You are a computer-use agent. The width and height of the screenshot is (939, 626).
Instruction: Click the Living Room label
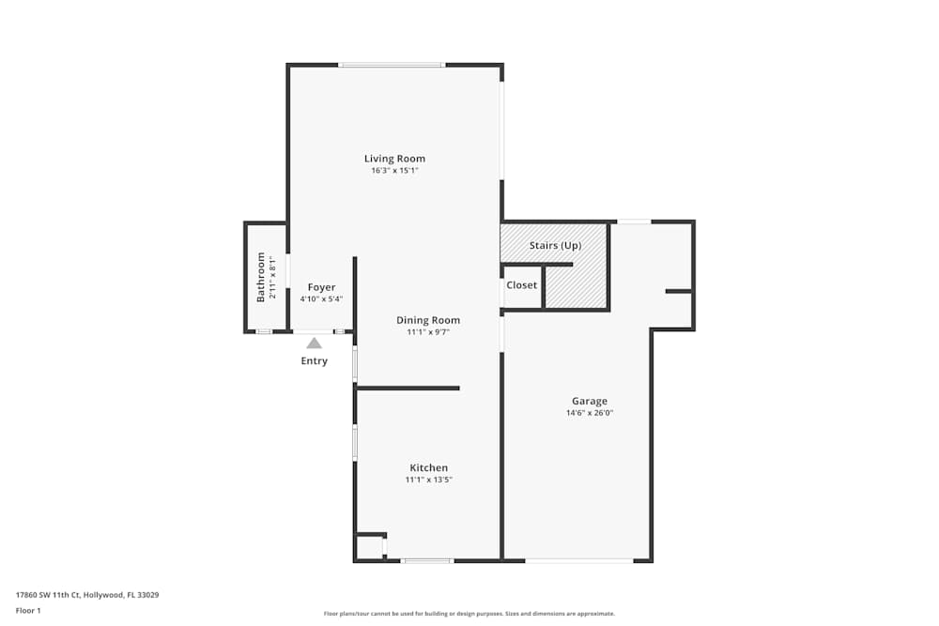(394, 159)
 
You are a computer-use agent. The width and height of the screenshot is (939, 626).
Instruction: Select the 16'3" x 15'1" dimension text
(394, 171)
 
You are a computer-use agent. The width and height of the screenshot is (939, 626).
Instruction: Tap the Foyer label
(321, 287)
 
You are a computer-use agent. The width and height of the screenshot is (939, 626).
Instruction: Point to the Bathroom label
(261, 277)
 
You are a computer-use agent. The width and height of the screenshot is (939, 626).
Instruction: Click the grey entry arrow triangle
(314, 344)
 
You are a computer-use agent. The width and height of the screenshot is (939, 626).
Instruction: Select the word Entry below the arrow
(314, 361)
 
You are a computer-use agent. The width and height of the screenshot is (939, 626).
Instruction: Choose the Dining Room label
(427, 320)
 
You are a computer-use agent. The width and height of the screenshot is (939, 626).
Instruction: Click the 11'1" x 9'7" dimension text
(427, 332)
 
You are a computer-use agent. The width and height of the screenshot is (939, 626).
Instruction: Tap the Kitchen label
(428, 467)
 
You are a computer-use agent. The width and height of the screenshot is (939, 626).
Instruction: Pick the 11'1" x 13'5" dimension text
(428, 480)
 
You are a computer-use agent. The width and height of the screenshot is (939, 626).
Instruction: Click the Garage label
(589, 401)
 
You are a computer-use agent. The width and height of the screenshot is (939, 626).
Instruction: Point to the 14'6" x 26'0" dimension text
(589, 413)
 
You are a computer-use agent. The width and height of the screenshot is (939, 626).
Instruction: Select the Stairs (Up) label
(555, 246)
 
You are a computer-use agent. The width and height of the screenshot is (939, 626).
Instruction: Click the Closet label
(521, 285)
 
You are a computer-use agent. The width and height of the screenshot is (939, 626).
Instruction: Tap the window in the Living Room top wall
(392, 65)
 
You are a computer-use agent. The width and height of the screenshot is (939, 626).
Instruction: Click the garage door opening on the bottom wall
(578, 560)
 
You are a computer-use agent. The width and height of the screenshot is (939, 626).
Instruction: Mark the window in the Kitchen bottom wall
(427, 560)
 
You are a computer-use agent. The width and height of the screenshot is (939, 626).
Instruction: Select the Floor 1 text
(29, 610)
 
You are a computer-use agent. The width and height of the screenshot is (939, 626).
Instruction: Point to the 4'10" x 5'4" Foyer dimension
(321, 299)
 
